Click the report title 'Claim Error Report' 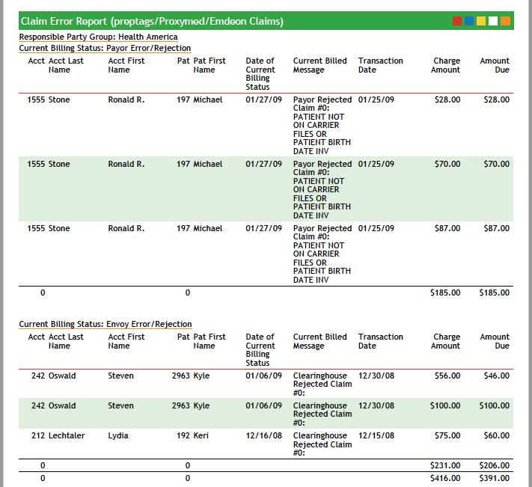[152, 22]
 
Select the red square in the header [457, 21]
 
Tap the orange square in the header [505, 21]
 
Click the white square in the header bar [493, 21]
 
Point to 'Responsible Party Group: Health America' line [98, 37]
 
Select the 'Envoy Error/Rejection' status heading [106, 324]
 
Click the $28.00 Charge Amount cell [447, 99]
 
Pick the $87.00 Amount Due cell [496, 228]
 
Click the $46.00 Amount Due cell [496, 376]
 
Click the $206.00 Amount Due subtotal [494, 465]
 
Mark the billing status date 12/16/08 [263, 435]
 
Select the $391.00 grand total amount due [494, 478]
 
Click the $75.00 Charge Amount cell [447, 435]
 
